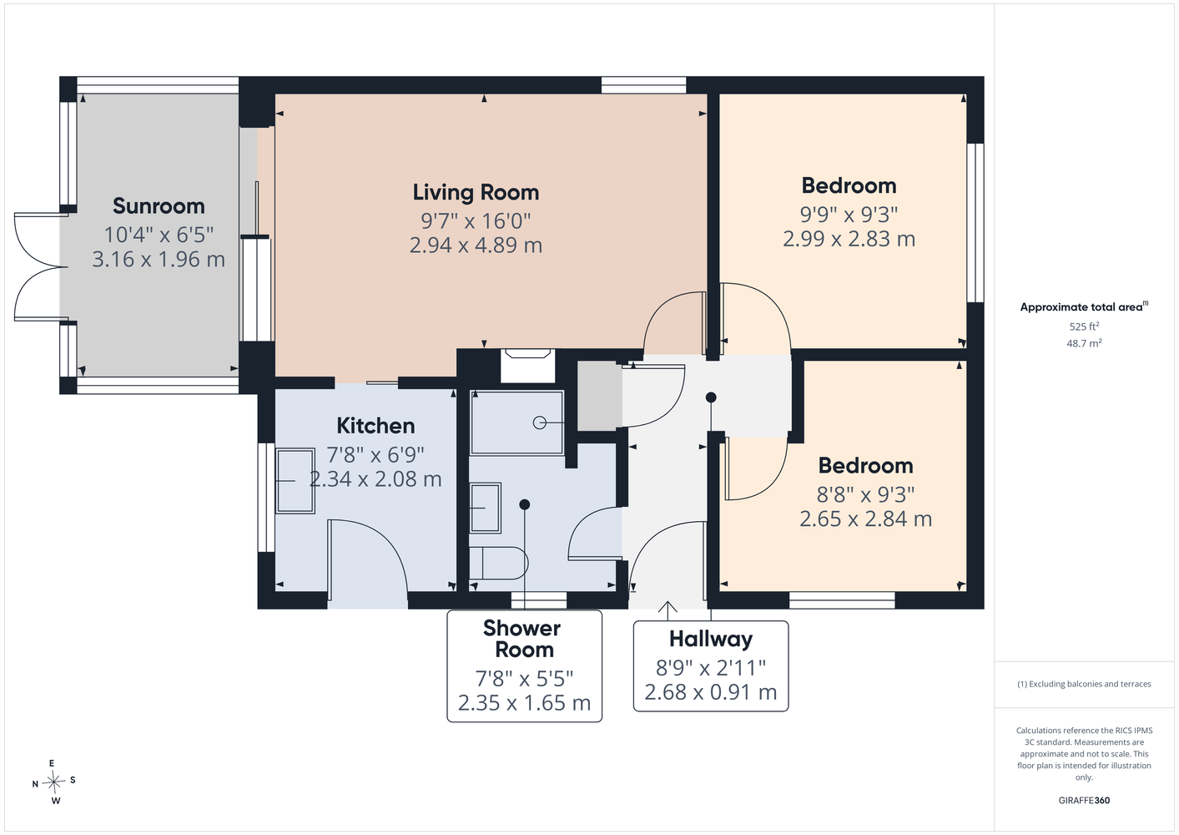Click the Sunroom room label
[159, 206]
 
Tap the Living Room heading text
[476, 193]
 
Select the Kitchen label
[375, 426]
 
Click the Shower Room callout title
[522, 639]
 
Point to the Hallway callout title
[711, 639]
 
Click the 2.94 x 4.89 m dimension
[476, 245]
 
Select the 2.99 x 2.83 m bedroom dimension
[849, 239]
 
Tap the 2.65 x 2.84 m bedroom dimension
[865, 519]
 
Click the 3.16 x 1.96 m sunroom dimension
[159, 259]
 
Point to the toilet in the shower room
[498, 563]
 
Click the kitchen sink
[295, 480]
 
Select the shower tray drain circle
[540, 423]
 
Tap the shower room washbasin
[485, 509]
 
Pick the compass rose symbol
[53, 782]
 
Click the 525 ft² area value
[1084, 326]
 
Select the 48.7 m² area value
[1084, 343]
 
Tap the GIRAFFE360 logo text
[1084, 800]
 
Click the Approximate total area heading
[1084, 306]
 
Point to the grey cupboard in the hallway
[599, 396]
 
